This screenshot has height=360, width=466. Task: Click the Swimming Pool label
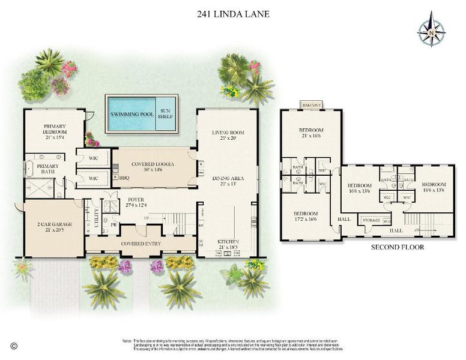[x=132, y=113]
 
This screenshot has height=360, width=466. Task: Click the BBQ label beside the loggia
[x=124, y=178]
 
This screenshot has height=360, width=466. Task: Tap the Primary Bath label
[x=47, y=169]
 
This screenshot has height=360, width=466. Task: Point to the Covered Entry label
[x=140, y=244]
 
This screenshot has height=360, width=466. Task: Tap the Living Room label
[x=226, y=135]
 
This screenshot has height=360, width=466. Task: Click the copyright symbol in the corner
[x=14, y=346]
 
